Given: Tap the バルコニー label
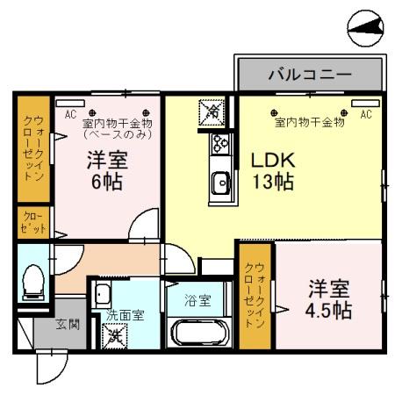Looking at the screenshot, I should pyautogui.click(x=309, y=75).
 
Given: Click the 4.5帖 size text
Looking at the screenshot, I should pyautogui.click(x=329, y=310).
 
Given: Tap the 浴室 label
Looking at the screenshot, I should pyautogui.click(x=197, y=300).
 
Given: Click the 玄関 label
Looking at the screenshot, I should pyautogui.click(x=68, y=324).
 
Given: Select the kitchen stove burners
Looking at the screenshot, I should pyautogui.click(x=219, y=144).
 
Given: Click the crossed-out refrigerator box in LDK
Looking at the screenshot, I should pyautogui.click(x=212, y=111).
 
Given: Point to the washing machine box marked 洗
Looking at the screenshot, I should pyautogui.click(x=114, y=334).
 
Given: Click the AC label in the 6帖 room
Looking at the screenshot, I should pyautogui.click(x=70, y=114).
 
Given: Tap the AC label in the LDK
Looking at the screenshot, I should pyautogui.click(x=365, y=114).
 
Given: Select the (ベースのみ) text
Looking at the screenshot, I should pyautogui.click(x=118, y=135).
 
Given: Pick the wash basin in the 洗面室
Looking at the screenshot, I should pyautogui.click(x=102, y=295).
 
